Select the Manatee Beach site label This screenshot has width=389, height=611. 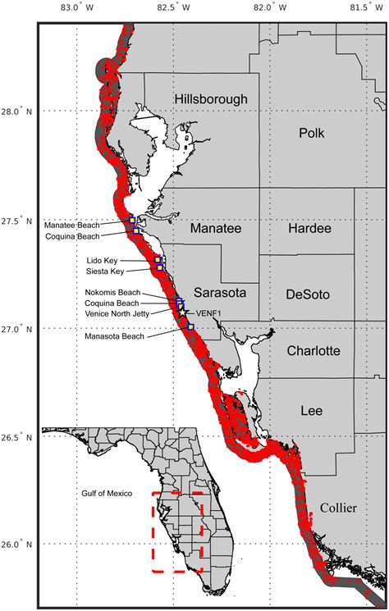point(71,225)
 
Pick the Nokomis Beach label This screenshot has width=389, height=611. point(112,293)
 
